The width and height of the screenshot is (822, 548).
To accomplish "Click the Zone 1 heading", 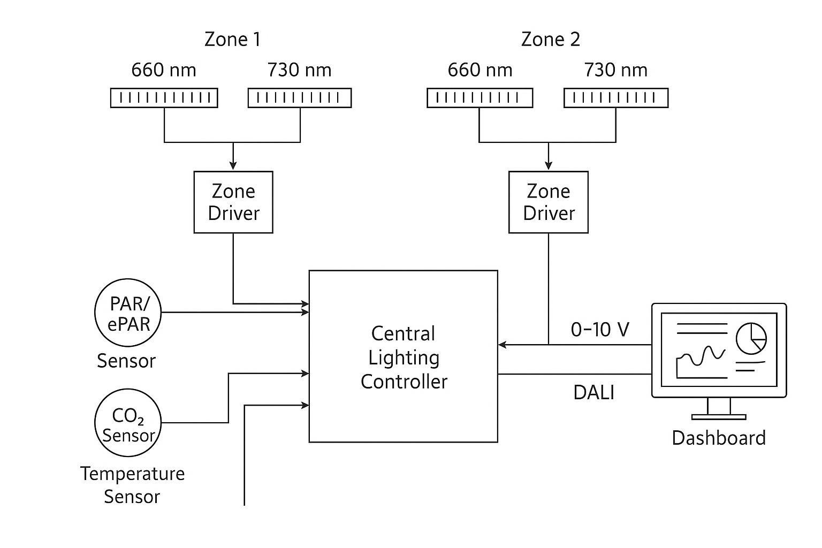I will pyautogui.click(x=232, y=40).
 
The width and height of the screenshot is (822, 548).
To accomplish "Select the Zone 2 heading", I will pyautogui.click(x=550, y=40).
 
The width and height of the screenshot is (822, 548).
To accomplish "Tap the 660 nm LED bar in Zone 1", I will pyautogui.click(x=164, y=98).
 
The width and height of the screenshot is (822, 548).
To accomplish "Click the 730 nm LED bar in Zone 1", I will pyautogui.click(x=299, y=98).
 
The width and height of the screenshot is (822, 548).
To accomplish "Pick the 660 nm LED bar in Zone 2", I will pyautogui.click(x=479, y=98).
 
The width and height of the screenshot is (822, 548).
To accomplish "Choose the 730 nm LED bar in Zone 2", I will pyautogui.click(x=615, y=98).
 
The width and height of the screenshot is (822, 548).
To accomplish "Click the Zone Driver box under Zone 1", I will pyautogui.click(x=233, y=202).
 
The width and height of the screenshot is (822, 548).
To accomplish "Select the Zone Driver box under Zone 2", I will pyautogui.click(x=548, y=202).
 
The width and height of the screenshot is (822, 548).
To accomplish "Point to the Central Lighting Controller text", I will pyautogui.click(x=404, y=357).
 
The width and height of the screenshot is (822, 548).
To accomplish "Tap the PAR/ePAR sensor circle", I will pyautogui.click(x=128, y=313).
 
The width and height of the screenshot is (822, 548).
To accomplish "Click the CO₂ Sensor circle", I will pyautogui.click(x=128, y=423).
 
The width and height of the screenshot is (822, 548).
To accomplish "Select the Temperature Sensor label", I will pyautogui.click(x=132, y=485).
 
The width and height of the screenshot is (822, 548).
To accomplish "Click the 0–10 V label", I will pyautogui.click(x=600, y=330).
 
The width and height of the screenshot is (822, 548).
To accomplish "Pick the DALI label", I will pyautogui.click(x=593, y=392).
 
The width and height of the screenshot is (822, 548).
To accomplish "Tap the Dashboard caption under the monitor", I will pyautogui.click(x=718, y=438).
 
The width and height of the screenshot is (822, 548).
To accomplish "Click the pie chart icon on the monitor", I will pyautogui.click(x=751, y=338).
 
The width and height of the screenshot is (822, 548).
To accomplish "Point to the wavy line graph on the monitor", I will pyautogui.click(x=701, y=357).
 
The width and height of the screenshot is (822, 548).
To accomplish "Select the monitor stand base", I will pyautogui.click(x=718, y=416).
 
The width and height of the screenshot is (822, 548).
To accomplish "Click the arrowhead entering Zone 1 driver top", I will pyautogui.click(x=233, y=164).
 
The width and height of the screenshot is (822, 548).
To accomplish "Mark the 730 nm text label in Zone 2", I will pyautogui.click(x=615, y=70).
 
